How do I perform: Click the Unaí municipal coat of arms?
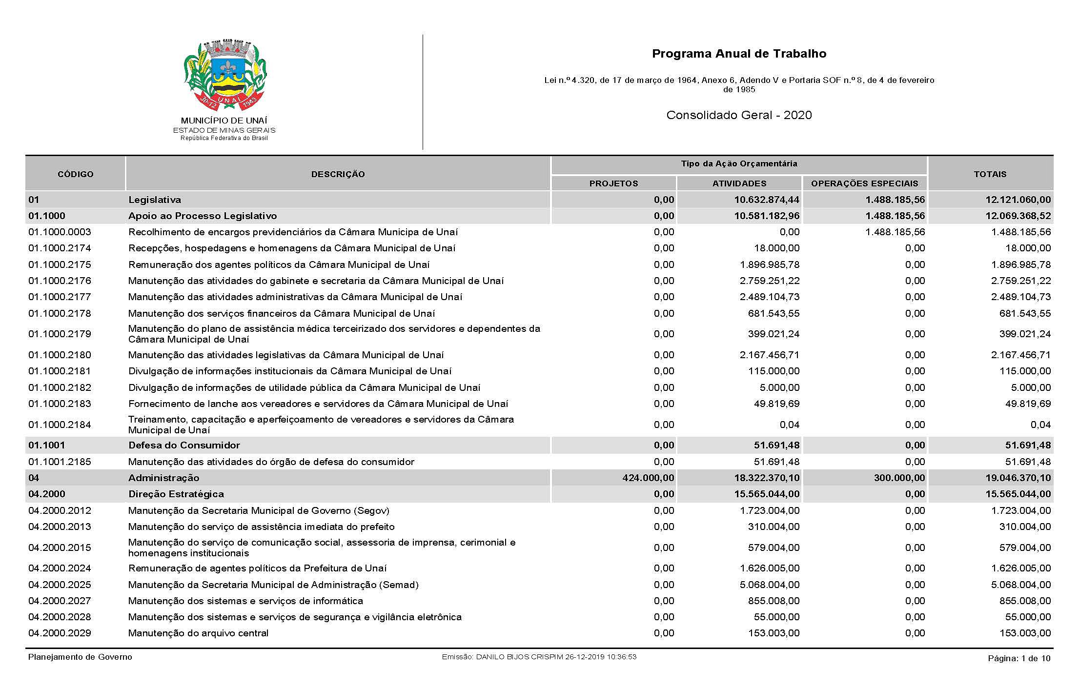[x=224, y=76]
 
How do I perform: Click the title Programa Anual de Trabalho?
[x=739, y=54]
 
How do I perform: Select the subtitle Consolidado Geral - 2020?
[x=739, y=115]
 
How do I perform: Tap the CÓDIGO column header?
[x=76, y=174]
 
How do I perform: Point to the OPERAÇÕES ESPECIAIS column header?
[x=864, y=183]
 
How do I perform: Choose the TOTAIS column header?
[x=990, y=174]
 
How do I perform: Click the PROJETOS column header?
[x=613, y=183]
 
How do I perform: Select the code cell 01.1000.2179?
[x=60, y=334]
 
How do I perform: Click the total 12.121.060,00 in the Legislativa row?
[x=1018, y=200]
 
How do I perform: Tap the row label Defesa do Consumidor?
[x=184, y=445]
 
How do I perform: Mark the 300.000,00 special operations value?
[x=899, y=478]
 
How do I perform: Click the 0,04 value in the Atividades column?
[x=789, y=425]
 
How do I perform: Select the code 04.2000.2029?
[x=60, y=633]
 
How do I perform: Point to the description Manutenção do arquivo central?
[x=198, y=633]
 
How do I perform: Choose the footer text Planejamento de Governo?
[x=80, y=657]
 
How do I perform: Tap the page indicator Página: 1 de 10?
[x=1018, y=658]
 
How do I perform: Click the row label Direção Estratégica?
[x=176, y=494]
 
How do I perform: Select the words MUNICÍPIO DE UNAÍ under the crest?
[x=224, y=121]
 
